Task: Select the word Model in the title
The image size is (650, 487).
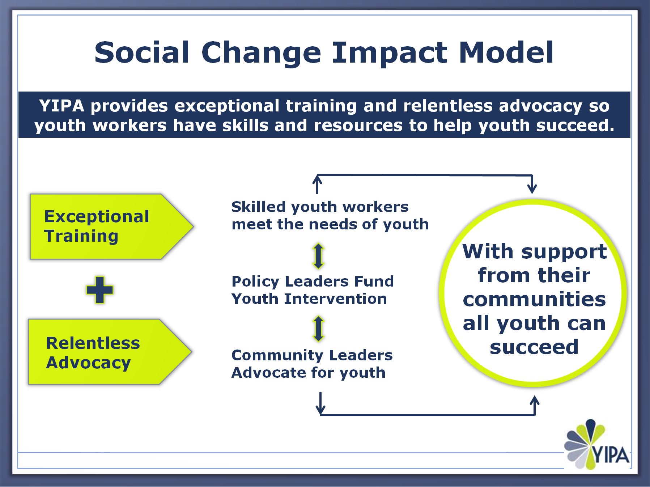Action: tap(506, 52)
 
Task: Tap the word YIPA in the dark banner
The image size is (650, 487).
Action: tap(61, 106)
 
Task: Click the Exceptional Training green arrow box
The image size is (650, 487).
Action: tap(111, 226)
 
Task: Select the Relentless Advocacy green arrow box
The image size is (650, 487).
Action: tap(110, 352)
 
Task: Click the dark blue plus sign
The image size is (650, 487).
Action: tap(100, 290)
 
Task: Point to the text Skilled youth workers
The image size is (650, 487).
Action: tap(320, 207)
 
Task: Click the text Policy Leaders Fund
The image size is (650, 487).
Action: tap(313, 281)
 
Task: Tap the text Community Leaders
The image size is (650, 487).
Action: tap(312, 355)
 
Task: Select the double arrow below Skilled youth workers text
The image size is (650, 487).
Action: tap(318, 256)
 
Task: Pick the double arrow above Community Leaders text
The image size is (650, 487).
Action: tap(318, 329)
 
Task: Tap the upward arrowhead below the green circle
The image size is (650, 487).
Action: tap(535, 400)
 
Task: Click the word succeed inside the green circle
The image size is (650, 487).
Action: tap(534, 347)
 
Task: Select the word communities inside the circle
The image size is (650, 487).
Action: tap(534, 299)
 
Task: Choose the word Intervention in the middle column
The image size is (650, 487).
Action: tap(335, 299)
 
